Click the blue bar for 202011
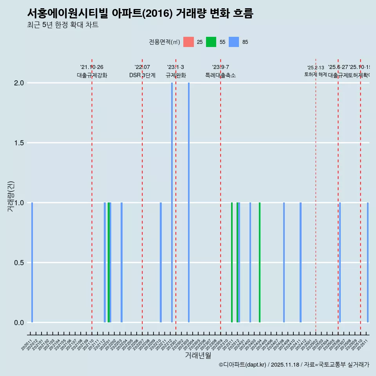point(32,262)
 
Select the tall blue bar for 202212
point(172,202)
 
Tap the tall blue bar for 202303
point(189,202)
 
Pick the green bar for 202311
point(232,262)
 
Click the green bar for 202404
point(260,262)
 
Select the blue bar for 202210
point(161,262)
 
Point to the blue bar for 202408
point(284,262)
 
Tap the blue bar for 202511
point(368,262)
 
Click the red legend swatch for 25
point(189,42)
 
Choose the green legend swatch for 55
point(211,42)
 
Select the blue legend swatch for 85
point(234,42)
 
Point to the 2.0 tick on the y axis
point(19,83)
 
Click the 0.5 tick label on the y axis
point(19,263)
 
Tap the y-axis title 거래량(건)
point(11,197)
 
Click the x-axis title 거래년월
point(198,356)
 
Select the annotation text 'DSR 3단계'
point(142,75)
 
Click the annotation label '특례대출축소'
point(221,75)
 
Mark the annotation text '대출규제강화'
point(92,75)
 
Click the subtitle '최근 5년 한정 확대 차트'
point(63,25)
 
